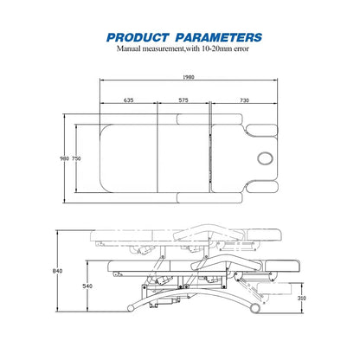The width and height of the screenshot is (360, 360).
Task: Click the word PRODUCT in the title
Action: coord(138,37)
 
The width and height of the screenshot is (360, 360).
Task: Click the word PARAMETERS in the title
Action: coord(219,37)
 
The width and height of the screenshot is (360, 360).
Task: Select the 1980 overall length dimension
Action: coord(189,77)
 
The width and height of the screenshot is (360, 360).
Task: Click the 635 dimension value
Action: coord(128,100)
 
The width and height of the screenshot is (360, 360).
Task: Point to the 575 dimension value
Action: coord(183,100)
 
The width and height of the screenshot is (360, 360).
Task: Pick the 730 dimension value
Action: coord(244,100)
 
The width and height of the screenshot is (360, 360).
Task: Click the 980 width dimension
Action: coord(64,158)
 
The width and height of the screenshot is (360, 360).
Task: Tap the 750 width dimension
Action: coord(76,158)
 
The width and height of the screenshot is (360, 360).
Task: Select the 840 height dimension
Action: coord(57,271)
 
